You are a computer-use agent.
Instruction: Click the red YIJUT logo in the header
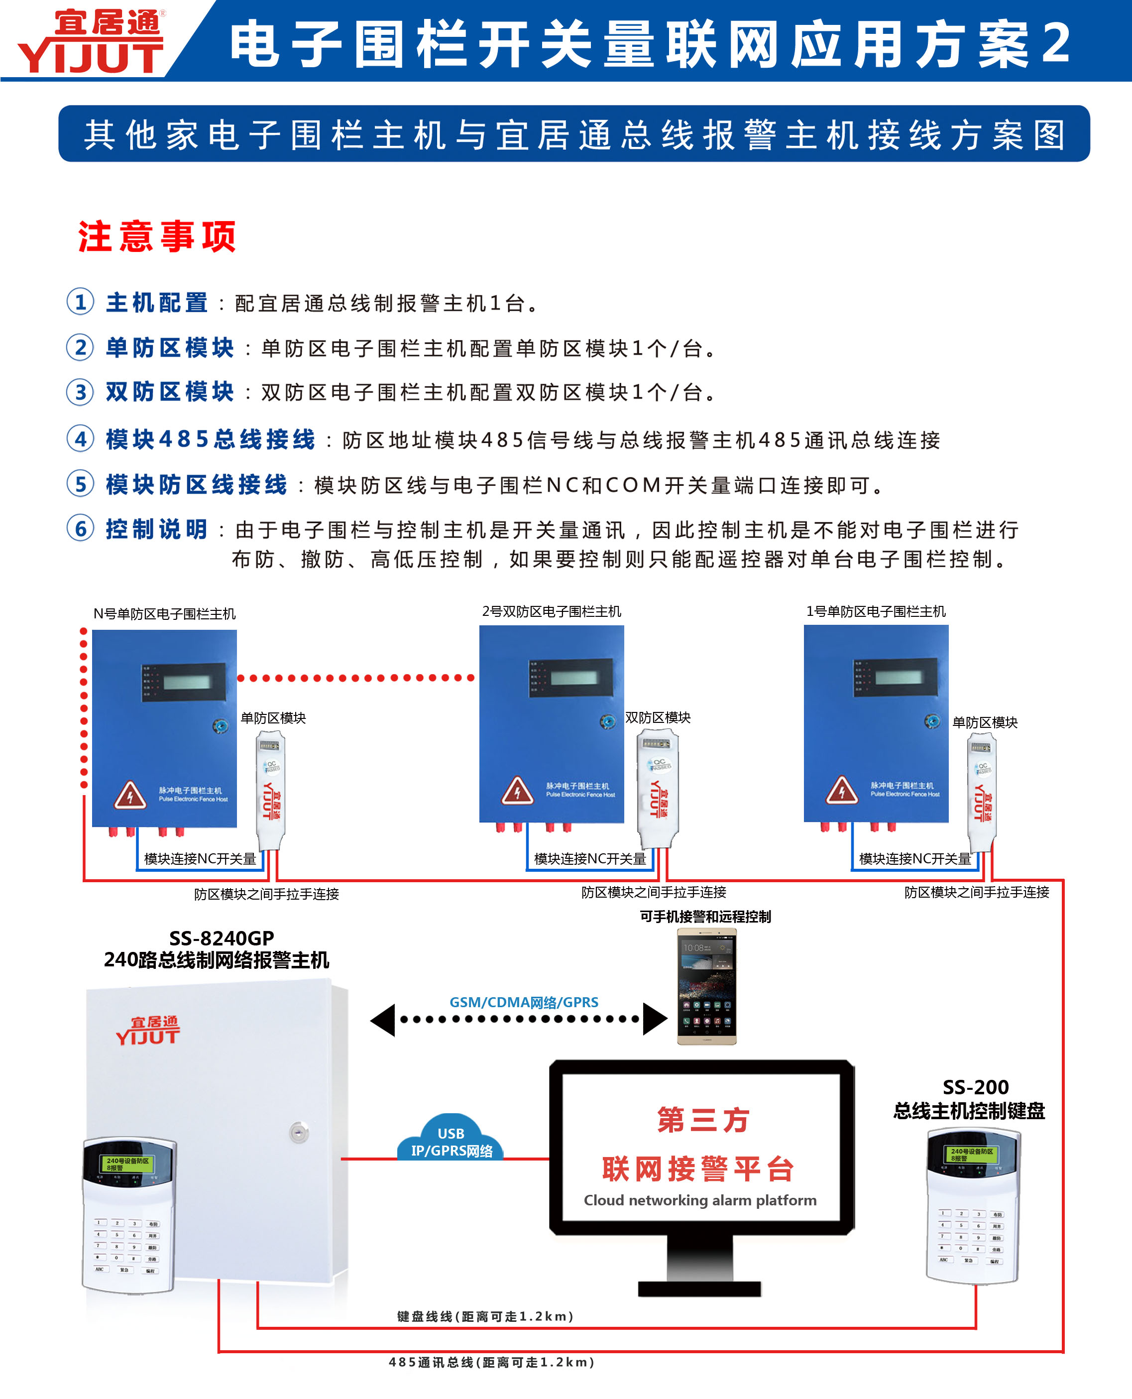91,42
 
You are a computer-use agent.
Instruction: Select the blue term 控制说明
156,529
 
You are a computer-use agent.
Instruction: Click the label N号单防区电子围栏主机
164,614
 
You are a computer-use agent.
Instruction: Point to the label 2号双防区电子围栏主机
552,611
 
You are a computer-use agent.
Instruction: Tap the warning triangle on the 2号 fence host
517,791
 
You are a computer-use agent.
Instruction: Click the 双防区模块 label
658,717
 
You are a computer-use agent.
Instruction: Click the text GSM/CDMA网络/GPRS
524,1002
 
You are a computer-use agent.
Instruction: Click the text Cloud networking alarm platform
700,1200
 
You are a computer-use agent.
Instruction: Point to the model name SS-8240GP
222,938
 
